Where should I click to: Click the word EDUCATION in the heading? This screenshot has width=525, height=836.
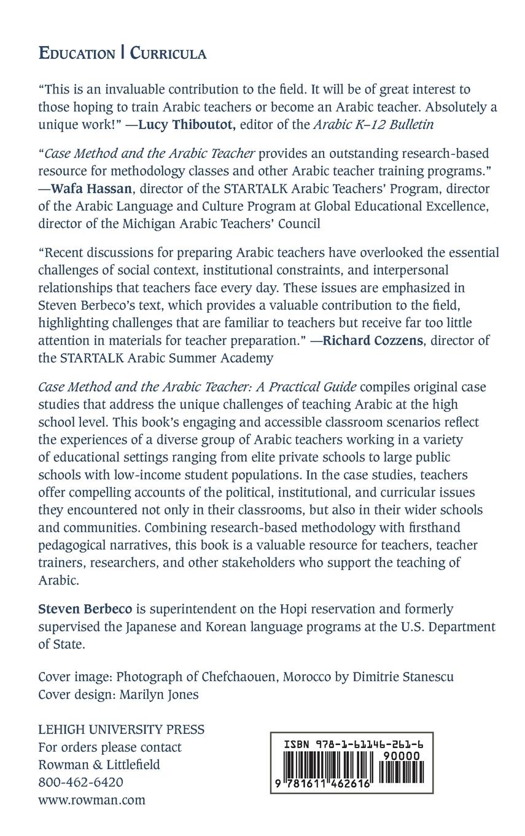(76, 54)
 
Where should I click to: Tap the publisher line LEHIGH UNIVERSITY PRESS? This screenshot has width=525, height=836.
(121, 730)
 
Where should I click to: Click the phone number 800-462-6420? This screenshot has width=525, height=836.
(80, 783)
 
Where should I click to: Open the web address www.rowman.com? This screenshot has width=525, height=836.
(91, 800)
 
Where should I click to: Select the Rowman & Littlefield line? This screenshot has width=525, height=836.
(99, 765)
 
